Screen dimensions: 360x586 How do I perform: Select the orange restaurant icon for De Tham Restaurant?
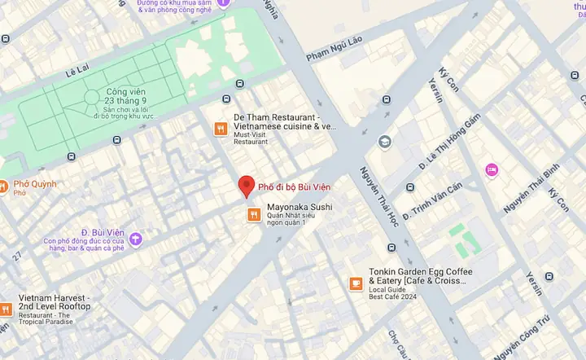[220, 128]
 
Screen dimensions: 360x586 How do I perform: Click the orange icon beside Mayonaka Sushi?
[254, 214]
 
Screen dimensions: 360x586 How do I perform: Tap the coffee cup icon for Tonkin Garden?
[355, 283]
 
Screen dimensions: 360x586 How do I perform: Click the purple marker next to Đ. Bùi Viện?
[135, 239]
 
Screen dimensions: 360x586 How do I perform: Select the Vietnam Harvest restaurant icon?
[4, 310]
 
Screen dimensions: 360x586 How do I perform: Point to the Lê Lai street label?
[81, 72]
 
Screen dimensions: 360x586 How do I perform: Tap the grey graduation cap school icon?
[384, 142]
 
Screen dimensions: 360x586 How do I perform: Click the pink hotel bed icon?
[492, 169]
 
